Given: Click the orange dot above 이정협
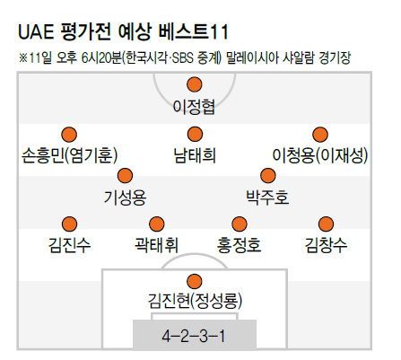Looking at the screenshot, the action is pos(195,84).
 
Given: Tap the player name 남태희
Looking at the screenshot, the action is pos(195,155).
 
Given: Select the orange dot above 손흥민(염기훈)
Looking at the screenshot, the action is pos(69,135).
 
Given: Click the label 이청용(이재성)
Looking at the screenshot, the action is pos(320,155).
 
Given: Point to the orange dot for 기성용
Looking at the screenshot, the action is pos(125,176).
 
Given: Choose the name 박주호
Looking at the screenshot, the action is pos(267,197).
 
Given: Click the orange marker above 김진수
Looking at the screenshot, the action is pos(69,224).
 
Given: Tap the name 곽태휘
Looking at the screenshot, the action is pos(156,245).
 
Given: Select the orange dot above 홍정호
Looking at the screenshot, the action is pos(240,224).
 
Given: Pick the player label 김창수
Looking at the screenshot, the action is pos(326,245).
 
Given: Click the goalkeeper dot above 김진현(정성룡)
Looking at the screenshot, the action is pos(195,281).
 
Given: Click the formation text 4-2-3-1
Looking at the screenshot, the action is pos(194,336).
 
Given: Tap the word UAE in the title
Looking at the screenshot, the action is pos(36,31).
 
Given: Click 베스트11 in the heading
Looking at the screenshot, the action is pos(194,31).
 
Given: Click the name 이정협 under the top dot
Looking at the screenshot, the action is pos(194,107).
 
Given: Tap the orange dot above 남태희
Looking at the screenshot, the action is pos(195,134).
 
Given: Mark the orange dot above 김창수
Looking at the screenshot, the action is pos(326,224).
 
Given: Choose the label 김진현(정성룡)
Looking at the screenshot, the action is pos(195,301).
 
